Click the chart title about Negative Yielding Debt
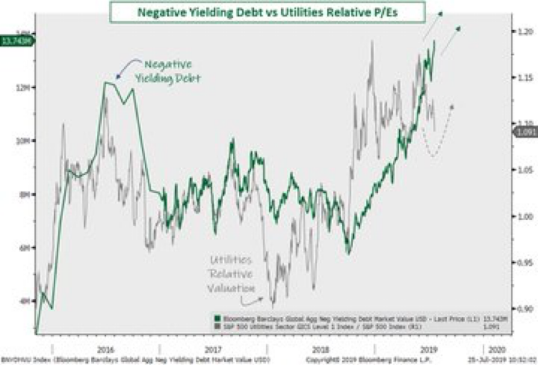(268, 11)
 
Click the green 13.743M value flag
(17, 41)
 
